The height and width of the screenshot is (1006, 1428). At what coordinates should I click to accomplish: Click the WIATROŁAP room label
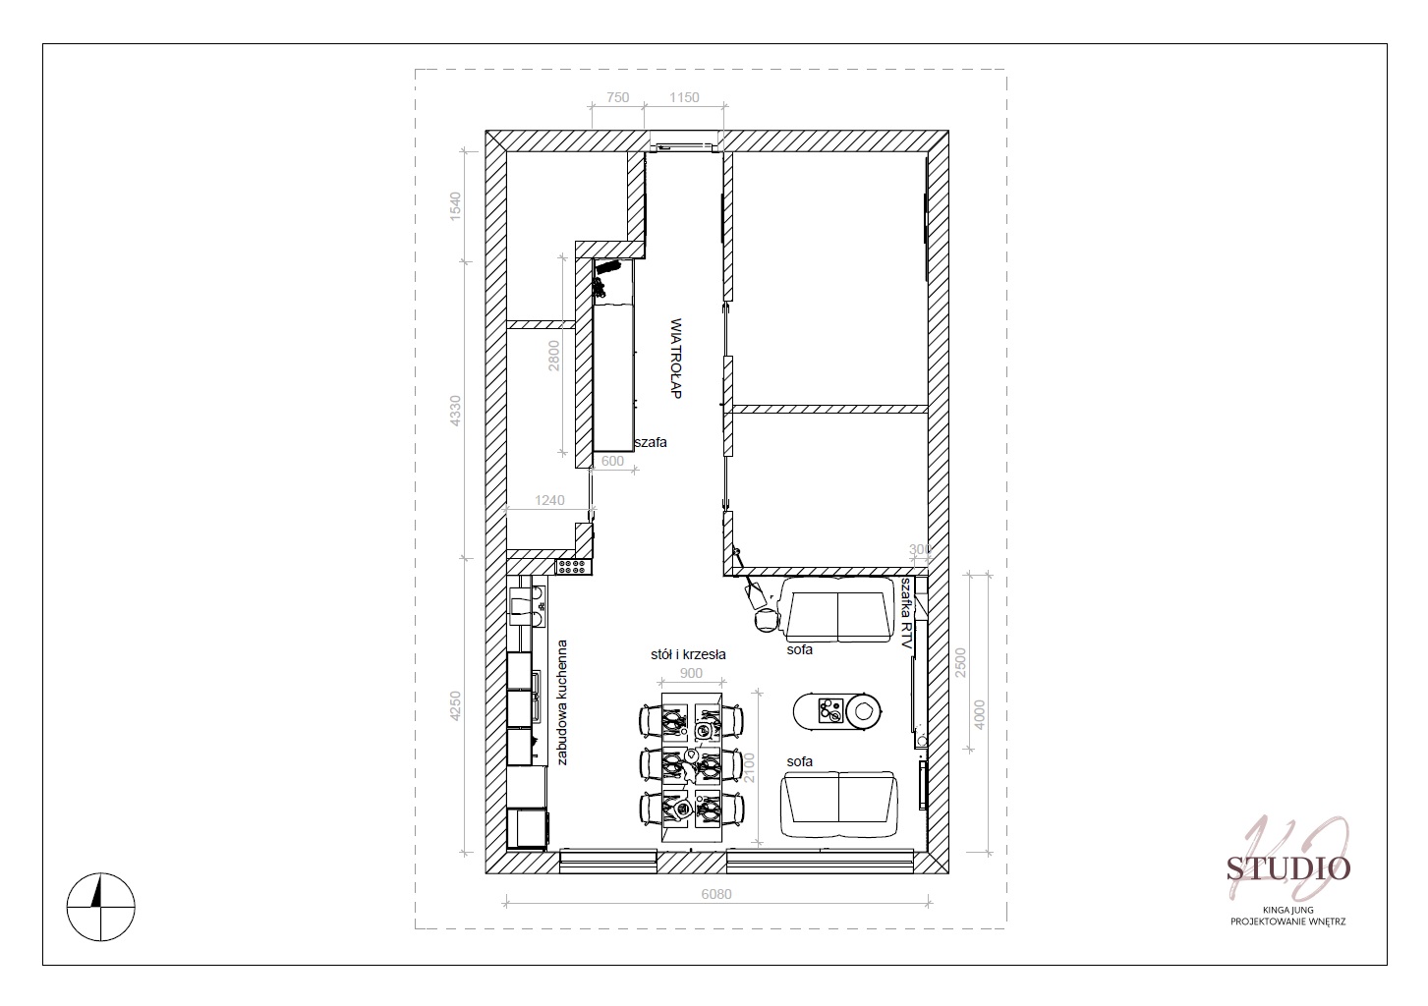click(x=676, y=359)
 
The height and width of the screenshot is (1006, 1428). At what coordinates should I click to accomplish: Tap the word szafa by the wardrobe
click(x=651, y=442)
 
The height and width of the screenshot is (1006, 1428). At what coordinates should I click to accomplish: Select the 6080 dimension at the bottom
click(x=716, y=894)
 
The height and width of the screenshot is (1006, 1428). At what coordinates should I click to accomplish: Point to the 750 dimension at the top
click(x=618, y=97)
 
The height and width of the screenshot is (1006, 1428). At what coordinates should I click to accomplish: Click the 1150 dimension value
click(x=684, y=97)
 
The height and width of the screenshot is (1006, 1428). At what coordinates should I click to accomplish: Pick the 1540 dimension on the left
click(x=455, y=206)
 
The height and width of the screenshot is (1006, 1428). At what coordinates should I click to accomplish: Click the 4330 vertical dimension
click(x=455, y=411)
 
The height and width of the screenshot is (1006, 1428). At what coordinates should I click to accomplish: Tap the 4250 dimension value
click(x=455, y=706)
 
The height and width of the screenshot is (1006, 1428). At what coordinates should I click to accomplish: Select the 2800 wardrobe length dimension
click(x=553, y=356)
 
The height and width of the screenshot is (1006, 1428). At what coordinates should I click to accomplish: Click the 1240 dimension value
click(x=549, y=500)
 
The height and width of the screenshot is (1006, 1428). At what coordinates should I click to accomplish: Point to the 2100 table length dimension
click(x=749, y=767)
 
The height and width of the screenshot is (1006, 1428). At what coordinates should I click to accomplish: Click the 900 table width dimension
click(x=691, y=673)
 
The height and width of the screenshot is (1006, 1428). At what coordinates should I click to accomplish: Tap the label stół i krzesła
click(x=689, y=654)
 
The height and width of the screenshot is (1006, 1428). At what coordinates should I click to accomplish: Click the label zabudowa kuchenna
click(x=561, y=702)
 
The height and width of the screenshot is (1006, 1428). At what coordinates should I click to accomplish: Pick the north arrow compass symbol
click(x=100, y=907)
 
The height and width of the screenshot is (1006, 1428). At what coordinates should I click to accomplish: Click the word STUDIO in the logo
click(x=1288, y=868)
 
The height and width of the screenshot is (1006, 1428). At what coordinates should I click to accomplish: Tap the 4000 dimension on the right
click(x=980, y=715)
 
